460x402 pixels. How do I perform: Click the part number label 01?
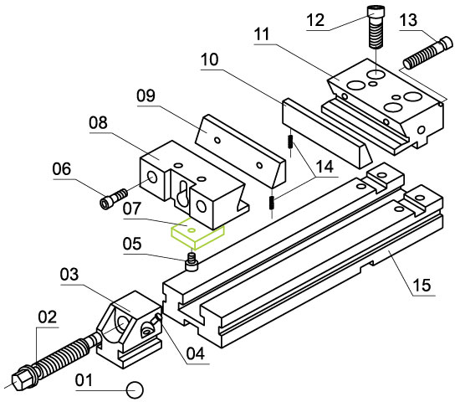pos(84,380)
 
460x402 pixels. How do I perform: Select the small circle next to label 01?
pos(135,390)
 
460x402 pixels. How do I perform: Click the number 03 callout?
pos(69,275)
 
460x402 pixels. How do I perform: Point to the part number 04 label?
pos(196,353)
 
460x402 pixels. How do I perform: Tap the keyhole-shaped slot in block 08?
pos(183,194)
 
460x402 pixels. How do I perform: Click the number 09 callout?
pos(146,96)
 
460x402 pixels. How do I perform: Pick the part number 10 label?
pos(209,59)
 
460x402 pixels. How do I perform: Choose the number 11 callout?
pos(262,34)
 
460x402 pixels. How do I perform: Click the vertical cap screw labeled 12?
pos(376,27)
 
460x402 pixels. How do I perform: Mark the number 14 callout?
pos(325,167)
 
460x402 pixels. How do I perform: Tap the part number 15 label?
pos(422,285)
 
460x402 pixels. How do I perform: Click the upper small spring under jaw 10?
pos(290,142)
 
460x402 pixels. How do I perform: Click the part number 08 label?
pos(98,123)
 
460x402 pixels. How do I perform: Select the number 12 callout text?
pos(315,21)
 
